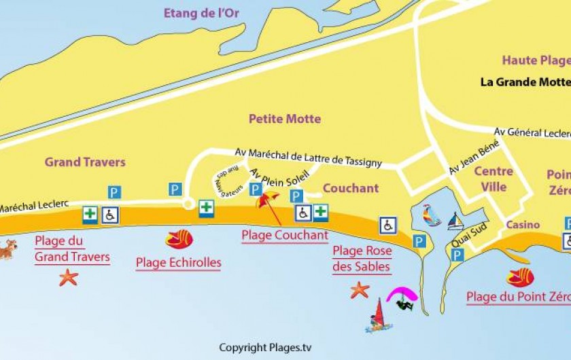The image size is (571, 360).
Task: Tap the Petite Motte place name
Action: click(284, 119)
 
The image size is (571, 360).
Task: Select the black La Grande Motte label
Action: click(525, 82)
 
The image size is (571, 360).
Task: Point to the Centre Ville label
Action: click(494, 179)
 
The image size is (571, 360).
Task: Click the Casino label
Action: click(523, 225)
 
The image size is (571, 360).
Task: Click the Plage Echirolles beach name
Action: click(178, 263)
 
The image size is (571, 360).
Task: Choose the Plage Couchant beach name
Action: click(285, 236)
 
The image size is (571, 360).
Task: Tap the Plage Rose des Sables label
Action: click(361, 259)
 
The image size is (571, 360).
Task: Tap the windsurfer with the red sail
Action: click(379, 316)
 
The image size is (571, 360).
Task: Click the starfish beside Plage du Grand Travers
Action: click(68, 277)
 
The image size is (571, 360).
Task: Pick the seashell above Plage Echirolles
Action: click(179, 238)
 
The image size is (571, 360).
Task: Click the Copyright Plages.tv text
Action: click(265, 348)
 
